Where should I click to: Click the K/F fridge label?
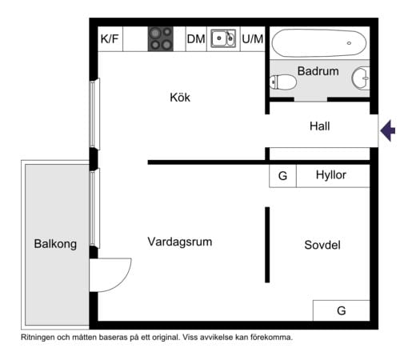(x=110, y=39)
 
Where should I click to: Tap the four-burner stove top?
(x=161, y=39)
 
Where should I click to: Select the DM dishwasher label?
(x=196, y=39)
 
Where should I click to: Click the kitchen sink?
(x=223, y=38)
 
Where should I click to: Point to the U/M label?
(x=253, y=39)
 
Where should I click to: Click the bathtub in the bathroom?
(x=319, y=43)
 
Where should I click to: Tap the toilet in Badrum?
(x=283, y=82)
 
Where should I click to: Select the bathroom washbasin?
(x=361, y=78)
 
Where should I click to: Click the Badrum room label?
(x=318, y=71)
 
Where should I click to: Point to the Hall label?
(x=320, y=126)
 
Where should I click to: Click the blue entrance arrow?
(x=388, y=130)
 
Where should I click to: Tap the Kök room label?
(x=180, y=98)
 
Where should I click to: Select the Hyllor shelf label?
(x=331, y=175)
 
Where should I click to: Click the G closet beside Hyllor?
(x=282, y=176)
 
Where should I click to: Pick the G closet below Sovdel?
(x=342, y=310)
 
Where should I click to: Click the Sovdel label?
(x=322, y=245)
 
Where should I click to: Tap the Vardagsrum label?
(x=180, y=242)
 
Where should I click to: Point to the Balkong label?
(x=55, y=244)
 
